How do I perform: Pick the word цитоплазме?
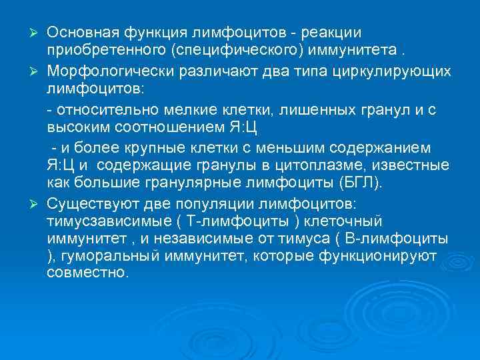click(x=317, y=164)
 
